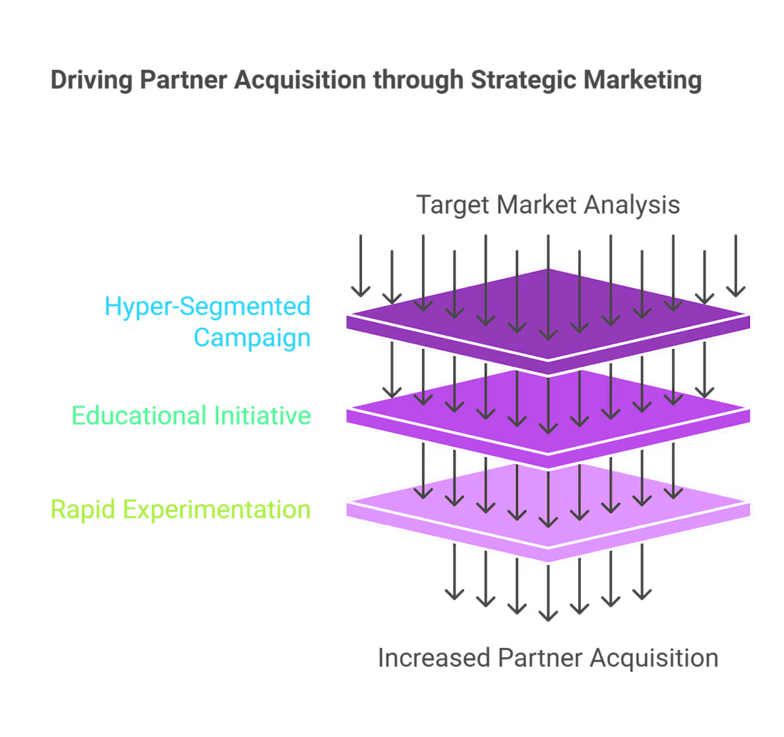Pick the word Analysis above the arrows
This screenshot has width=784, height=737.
631,205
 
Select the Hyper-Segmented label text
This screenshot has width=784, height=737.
207,306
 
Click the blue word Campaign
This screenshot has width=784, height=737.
252,337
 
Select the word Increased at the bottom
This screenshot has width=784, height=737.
433,658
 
